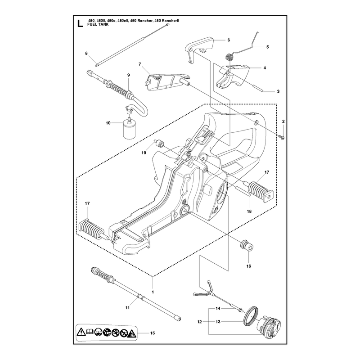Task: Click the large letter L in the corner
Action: (x=80, y=23)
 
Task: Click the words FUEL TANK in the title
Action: (x=98, y=24)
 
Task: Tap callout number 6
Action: (x=229, y=40)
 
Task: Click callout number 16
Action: (x=249, y=266)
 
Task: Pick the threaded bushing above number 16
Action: (x=247, y=245)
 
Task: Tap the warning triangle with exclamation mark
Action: (x=81, y=332)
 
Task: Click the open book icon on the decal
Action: (x=90, y=331)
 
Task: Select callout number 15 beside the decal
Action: (x=153, y=333)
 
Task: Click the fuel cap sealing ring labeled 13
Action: (x=251, y=316)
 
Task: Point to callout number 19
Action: (x=144, y=153)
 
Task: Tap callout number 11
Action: (x=127, y=308)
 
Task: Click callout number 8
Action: (x=86, y=53)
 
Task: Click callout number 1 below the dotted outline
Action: (x=153, y=292)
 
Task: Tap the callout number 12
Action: (x=199, y=322)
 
